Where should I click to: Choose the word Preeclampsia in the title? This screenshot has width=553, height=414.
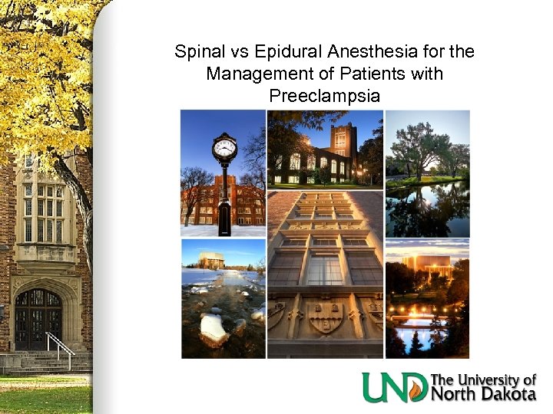(325, 97)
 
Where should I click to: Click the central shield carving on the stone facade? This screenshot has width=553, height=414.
(325, 315)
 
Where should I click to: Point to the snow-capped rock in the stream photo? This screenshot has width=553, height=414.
(213, 329)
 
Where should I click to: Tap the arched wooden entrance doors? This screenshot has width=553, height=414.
(38, 317)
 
